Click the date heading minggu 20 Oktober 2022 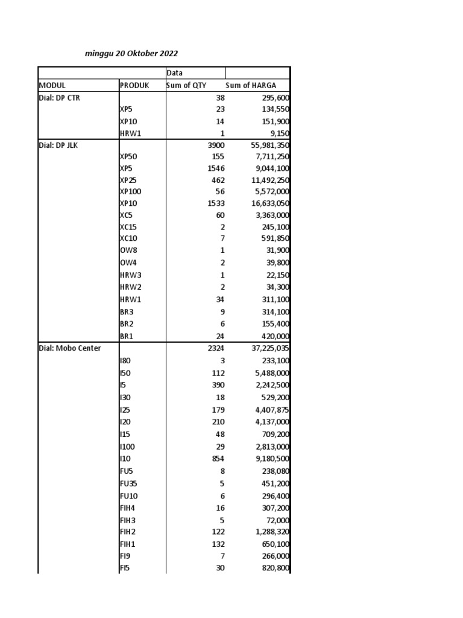131,54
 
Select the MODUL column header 52,85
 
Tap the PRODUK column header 134,85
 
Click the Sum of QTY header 186,85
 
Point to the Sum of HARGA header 250,85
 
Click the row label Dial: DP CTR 60,97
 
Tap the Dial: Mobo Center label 70,348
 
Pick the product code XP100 131,191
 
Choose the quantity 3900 216,145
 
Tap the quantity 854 217,459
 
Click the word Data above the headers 175,73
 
